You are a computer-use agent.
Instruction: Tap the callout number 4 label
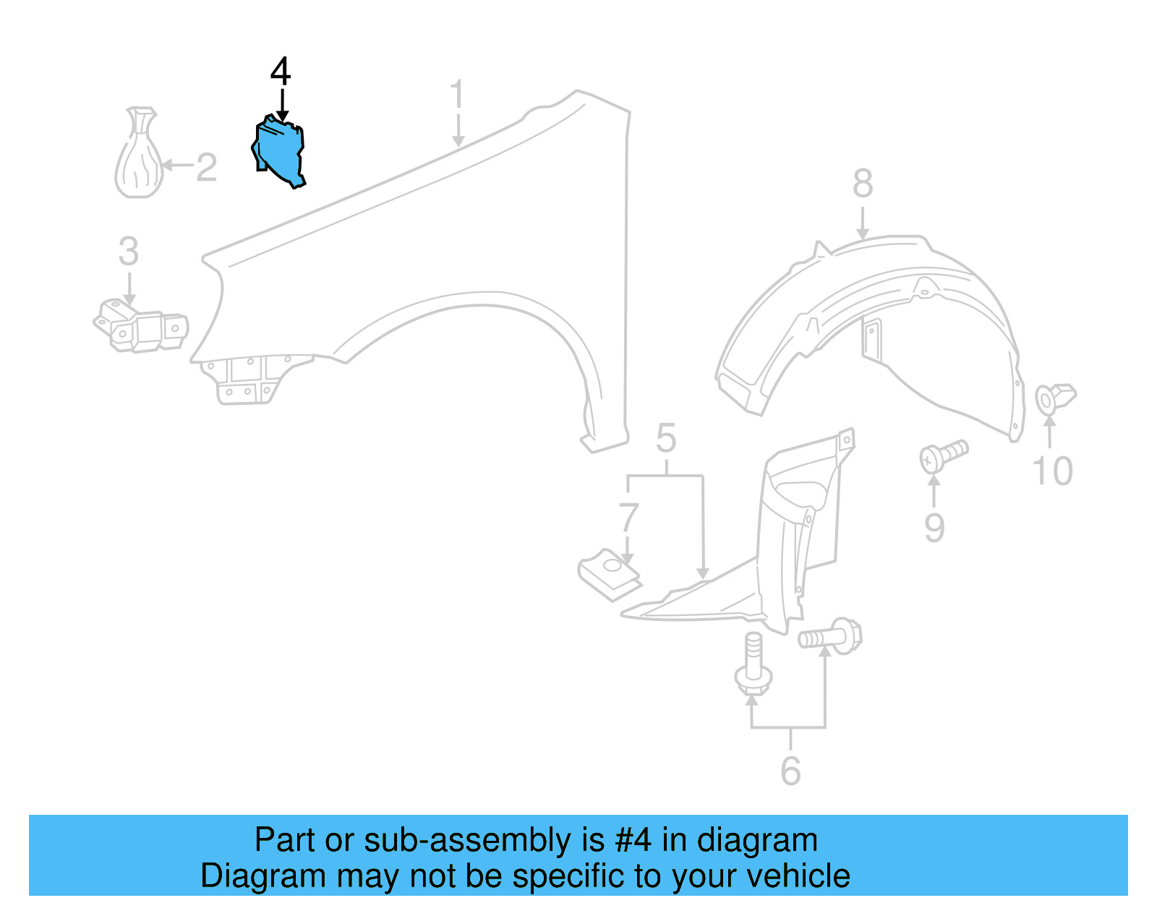(x=281, y=72)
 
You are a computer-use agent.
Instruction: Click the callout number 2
(x=206, y=167)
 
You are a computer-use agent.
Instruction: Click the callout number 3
(x=129, y=252)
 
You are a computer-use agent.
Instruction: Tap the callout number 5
(x=666, y=439)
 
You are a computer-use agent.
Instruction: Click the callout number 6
(x=790, y=771)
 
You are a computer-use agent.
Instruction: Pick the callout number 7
(x=628, y=518)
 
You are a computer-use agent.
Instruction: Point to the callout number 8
(x=862, y=184)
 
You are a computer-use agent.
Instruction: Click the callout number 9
(x=934, y=528)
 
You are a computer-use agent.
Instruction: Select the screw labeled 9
(x=942, y=455)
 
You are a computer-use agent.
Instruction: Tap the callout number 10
(x=1052, y=471)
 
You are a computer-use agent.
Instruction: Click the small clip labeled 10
(x=1055, y=398)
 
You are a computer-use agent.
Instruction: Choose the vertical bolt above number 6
(x=753, y=664)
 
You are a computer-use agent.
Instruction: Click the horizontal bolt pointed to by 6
(x=830, y=636)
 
